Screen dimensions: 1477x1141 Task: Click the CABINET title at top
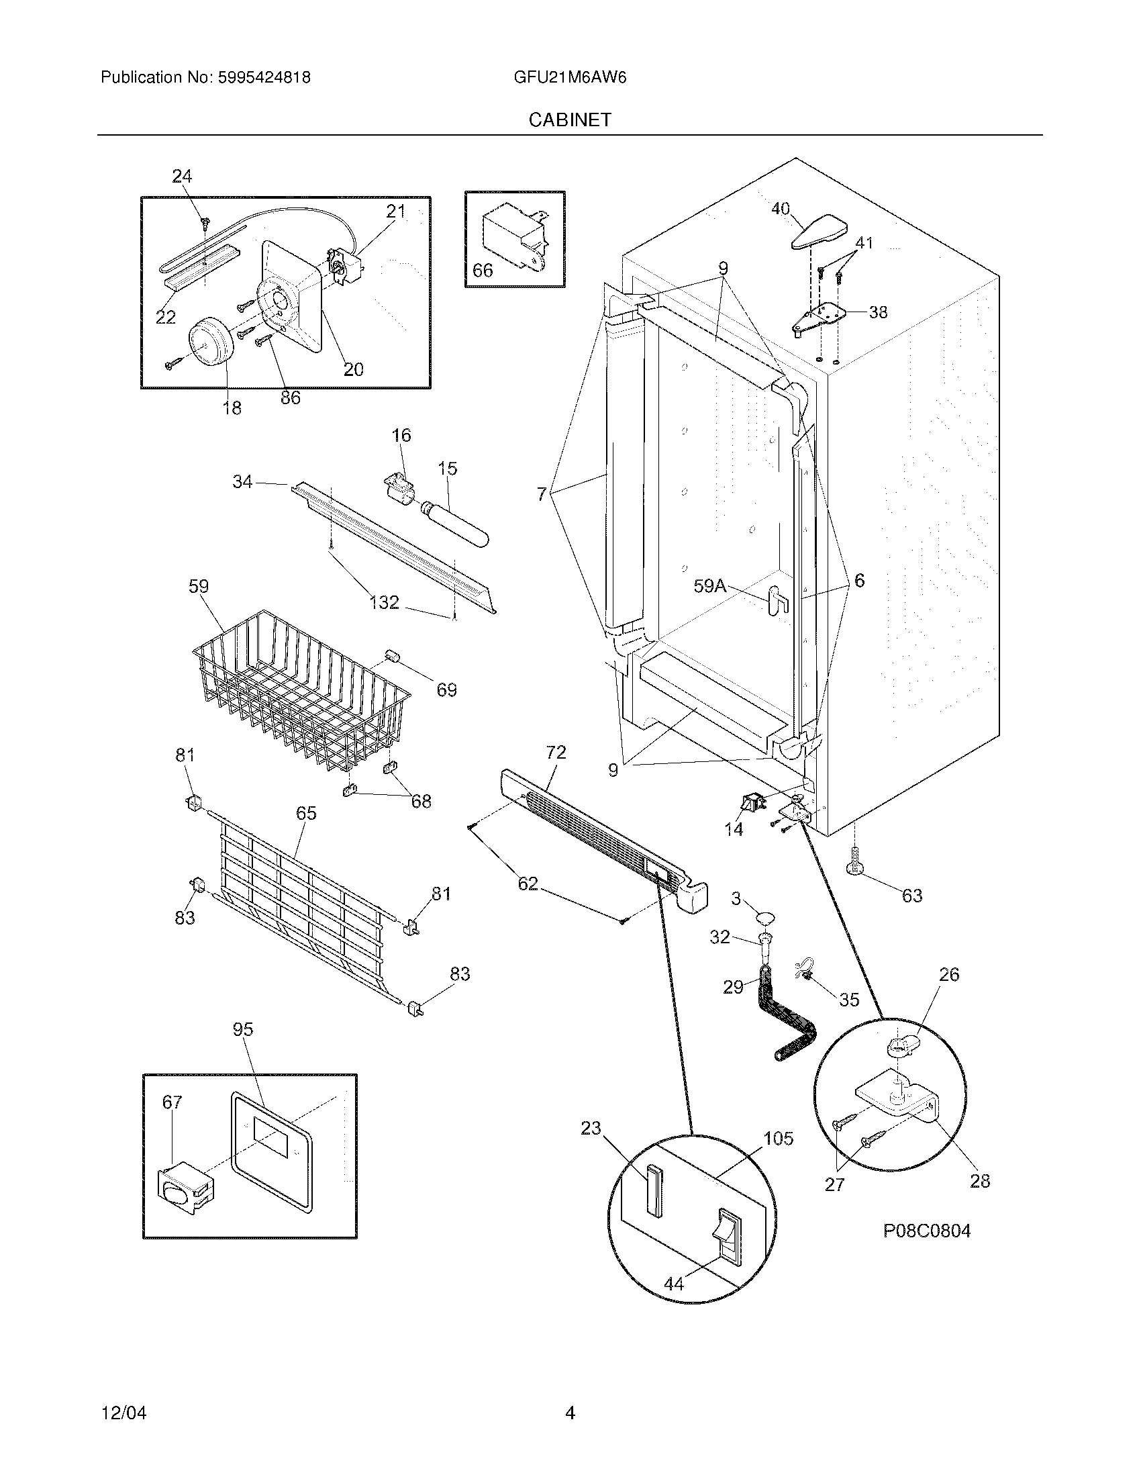click(569, 120)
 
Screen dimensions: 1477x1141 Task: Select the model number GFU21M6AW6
click(570, 77)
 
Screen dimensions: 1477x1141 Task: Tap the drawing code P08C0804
click(927, 1231)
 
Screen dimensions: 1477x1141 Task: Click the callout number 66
click(483, 271)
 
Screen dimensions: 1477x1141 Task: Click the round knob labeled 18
click(209, 344)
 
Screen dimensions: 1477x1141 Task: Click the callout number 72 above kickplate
click(556, 752)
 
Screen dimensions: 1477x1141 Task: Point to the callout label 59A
click(709, 585)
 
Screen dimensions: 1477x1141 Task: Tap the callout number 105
click(778, 1138)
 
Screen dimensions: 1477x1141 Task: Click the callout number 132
click(384, 602)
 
